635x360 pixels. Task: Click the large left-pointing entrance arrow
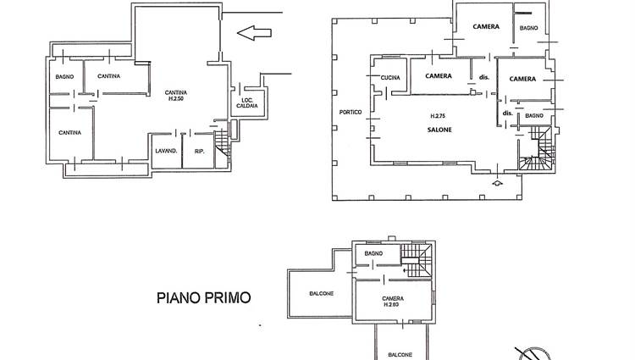(254, 33)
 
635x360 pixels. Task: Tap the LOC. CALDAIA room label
(247, 102)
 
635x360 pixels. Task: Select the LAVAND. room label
(166, 151)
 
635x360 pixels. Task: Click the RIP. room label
(199, 151)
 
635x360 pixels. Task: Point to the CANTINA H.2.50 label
(176, 96)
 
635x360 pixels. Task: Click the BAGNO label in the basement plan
(64, 76)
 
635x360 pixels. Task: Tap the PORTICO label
(351, 112)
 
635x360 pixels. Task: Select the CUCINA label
(390, 78)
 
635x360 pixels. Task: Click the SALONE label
(439, 130)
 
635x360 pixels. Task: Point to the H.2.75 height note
(438, 116)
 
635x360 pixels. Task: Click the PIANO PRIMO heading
(204, 298)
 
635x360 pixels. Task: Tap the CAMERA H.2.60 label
(393, 302)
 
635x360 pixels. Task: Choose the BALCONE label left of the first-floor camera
(322, 294)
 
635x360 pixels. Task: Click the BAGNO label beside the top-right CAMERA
(529, 28)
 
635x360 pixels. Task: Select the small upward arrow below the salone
(498, 183)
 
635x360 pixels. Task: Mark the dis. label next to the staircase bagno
(507, 113)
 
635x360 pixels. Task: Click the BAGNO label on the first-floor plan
(373, 253)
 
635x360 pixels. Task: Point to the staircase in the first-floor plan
(417, 260)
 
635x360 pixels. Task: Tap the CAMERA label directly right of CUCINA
(439, 75)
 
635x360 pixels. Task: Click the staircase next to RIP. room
(223, 144)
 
